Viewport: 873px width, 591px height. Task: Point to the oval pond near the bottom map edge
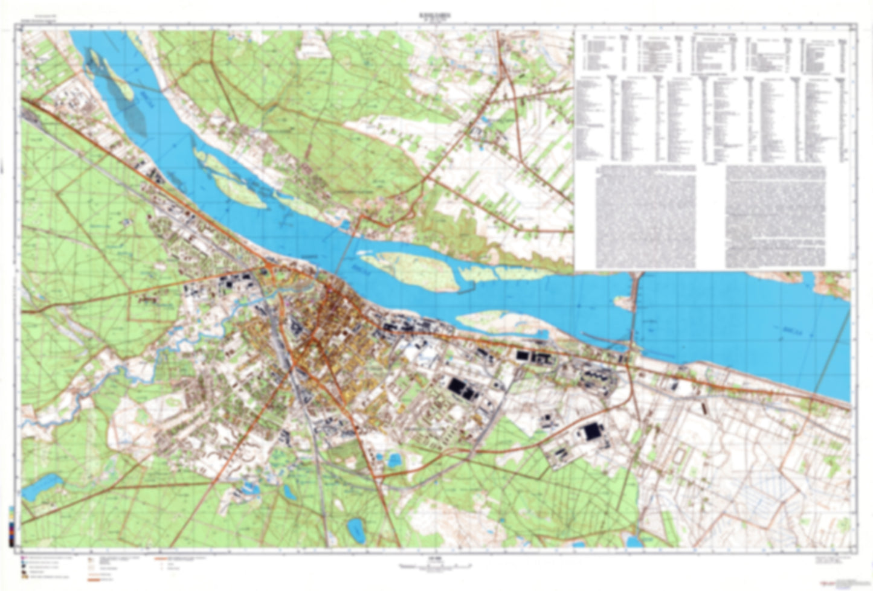(355, 527)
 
